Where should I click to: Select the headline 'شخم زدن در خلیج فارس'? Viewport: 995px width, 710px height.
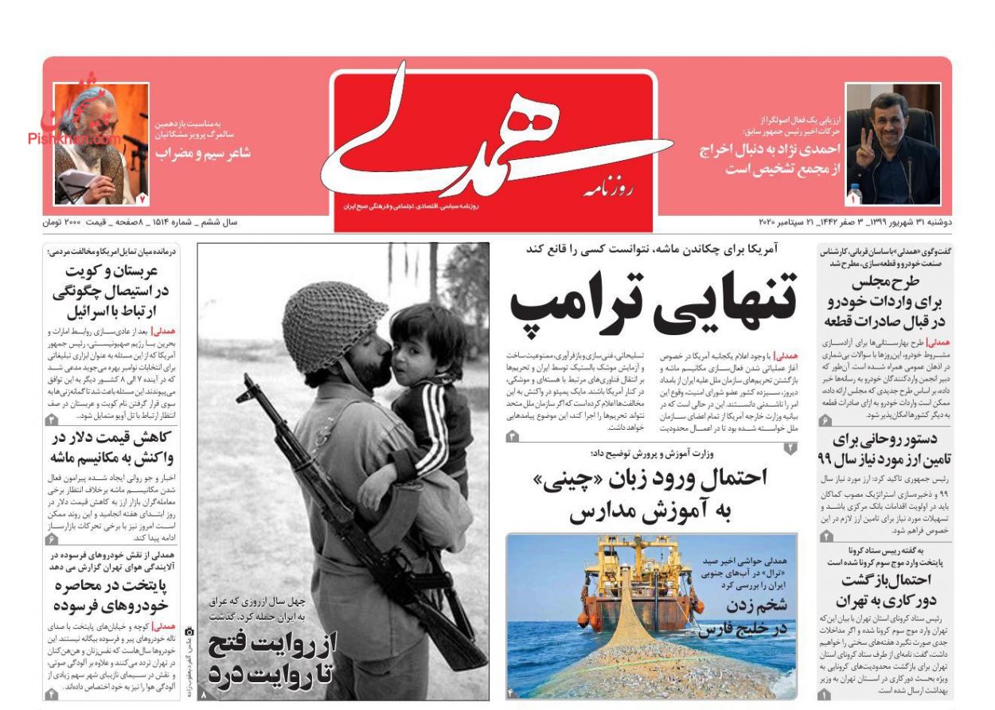coord(744,617)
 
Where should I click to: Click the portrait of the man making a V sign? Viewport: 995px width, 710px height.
coord(892,143)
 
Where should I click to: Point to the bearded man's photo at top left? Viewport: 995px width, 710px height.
coord(101,143)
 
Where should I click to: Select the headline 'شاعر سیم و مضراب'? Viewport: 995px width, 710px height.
coord(204,153)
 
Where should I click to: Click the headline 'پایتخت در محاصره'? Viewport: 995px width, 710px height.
coord(114,586)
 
